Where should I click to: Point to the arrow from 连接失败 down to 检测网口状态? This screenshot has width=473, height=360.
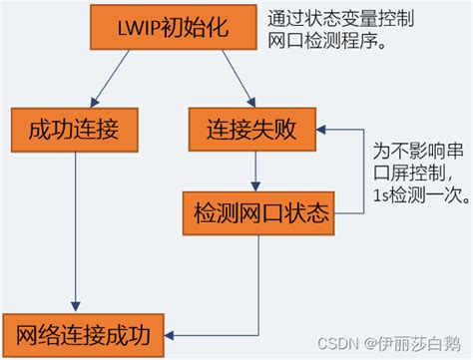tap(256, 169)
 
